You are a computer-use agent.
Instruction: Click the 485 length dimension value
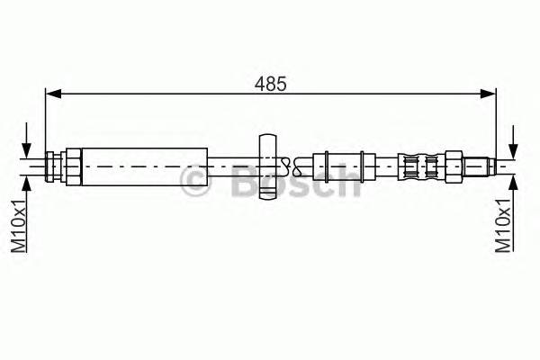pos(271,84)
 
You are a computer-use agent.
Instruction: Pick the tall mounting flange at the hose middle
pos(268,166)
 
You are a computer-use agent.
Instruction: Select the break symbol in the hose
pos(286,165)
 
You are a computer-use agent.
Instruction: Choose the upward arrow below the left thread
pos(31,184)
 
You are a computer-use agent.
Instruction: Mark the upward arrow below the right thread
pos(514,184)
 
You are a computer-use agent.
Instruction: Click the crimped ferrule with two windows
pos(423,166)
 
